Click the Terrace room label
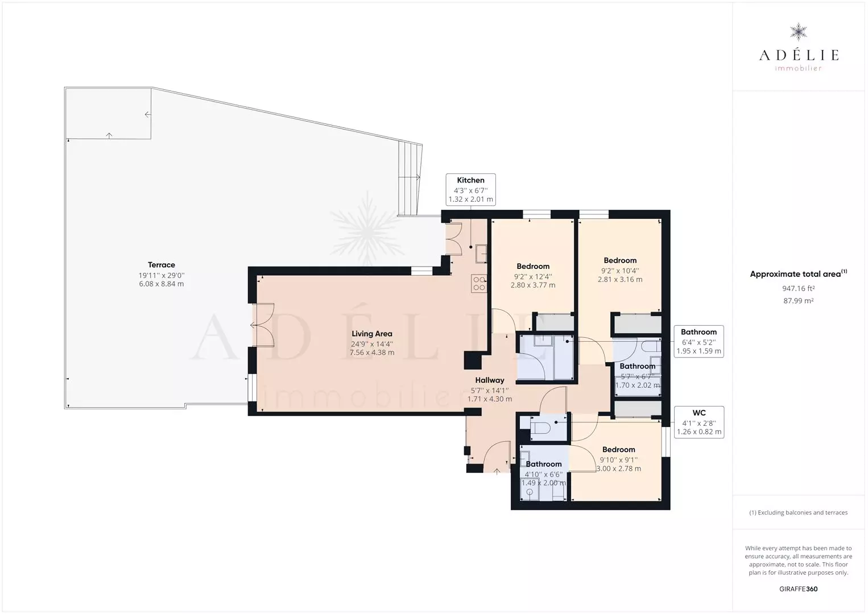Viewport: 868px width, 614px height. pyautogui.click(x=161, y=265)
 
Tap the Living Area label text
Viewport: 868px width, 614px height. pyautogui.click(x=371, y=334)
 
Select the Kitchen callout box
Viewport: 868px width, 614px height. pyautogui.click(x=470, y=189)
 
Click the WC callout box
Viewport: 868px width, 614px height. pyautogui.click(x=699, y=422)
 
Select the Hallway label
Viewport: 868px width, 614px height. pyautogui.click(x=489, y=380)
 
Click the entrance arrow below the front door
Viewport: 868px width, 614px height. pyautogui.click(x=497, y=471)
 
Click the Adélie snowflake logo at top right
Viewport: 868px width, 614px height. pyautogui.click(x=798, y=32)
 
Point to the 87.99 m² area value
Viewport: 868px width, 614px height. pyautogui.click(x=798, y=301)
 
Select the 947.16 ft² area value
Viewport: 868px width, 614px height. pyautogui.click(x=798, y=289)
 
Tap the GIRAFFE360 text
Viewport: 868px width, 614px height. pyautogui.click(x=798, y=589)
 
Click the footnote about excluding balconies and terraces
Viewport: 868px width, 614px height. pyautogui.click(x=798, y=512)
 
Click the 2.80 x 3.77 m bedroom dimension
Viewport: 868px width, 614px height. pyautogui.click(x=533, y=285)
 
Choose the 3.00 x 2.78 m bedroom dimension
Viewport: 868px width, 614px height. pyautogui.click(x=618, y=468)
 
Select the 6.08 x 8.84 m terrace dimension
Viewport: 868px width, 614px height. pyautogui.click(x=161, y=284)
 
